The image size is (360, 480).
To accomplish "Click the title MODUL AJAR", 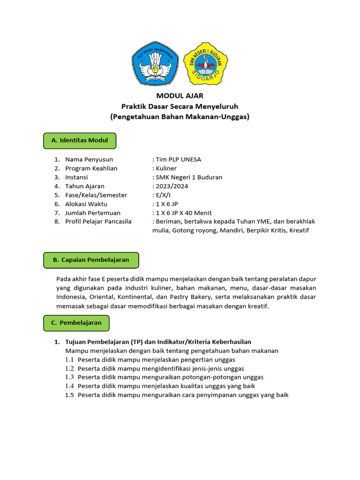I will coord(180,96).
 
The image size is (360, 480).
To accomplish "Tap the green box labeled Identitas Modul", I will coord(80,141).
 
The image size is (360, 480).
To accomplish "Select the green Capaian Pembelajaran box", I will coord(91,260).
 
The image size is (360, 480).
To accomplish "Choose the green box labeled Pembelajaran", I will coord(76,323).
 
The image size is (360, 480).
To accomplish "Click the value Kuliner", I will coord(165,168).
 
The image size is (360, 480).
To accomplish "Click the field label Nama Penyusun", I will coord(89,159).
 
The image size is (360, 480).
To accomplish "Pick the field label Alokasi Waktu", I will coord(86,204).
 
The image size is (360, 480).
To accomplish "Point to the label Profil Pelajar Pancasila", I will coord(98,222).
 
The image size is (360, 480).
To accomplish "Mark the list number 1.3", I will coord(70,377).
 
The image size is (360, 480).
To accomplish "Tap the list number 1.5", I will coord(70,395).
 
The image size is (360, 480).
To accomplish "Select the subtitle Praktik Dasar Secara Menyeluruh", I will coord(180,107).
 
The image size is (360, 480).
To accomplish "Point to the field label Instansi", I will coord(76,177).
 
